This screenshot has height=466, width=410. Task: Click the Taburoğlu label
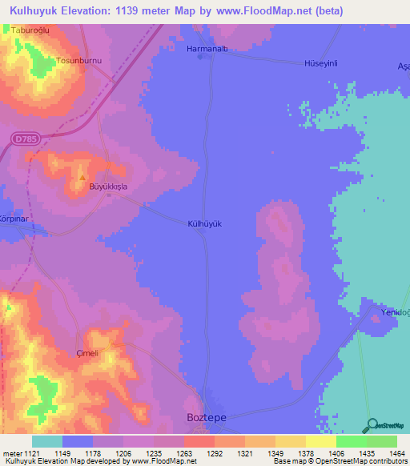(x=31, y=30)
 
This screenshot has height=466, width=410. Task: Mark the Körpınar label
(x=14, y=217)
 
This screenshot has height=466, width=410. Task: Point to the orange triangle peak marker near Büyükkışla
(x=82, y=178)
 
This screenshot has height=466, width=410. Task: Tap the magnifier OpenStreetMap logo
(x=370, y=424)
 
